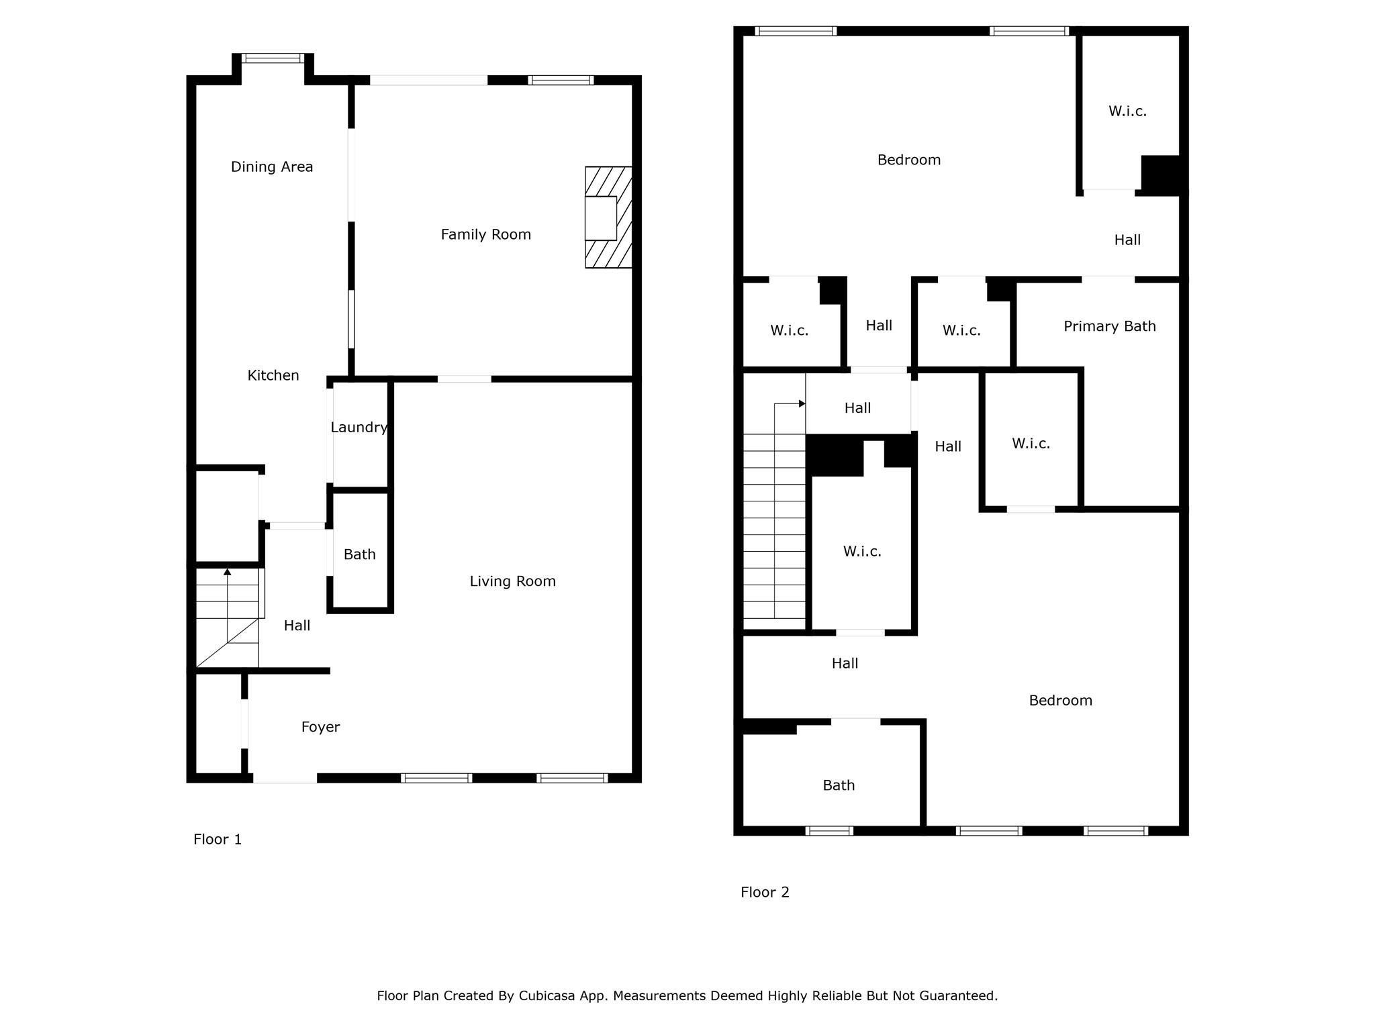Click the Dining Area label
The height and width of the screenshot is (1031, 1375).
tap(272, 166)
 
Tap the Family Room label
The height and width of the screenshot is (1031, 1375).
tap(485, 234)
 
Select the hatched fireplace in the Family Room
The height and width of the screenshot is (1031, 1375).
tap(608, 217)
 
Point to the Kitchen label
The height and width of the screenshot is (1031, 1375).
tap(273, 375)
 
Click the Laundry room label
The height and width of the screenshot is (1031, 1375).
tap(359, 428)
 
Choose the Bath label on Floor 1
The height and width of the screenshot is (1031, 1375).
tap(359, 554)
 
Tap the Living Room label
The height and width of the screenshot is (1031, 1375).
tap(512, 581)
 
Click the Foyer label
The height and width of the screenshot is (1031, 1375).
tap(320, 727)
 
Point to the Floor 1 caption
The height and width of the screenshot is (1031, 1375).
tap(218, 839)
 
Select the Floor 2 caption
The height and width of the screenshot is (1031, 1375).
tap(765, 892)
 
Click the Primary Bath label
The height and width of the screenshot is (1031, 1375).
tap(1110, 326)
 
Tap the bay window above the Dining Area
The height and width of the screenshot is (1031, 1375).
tap(273, 58)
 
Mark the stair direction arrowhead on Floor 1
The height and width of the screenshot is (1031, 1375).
tap(228, 572)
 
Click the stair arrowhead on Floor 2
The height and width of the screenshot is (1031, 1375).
tap(802, 403)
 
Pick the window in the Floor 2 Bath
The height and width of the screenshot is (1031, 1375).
tap(829, 831)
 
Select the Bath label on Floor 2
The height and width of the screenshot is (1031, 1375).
tap(839, 785)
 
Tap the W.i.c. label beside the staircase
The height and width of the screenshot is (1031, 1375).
tap(862, 552)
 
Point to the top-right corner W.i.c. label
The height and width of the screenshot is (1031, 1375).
tap(1127, 111)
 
